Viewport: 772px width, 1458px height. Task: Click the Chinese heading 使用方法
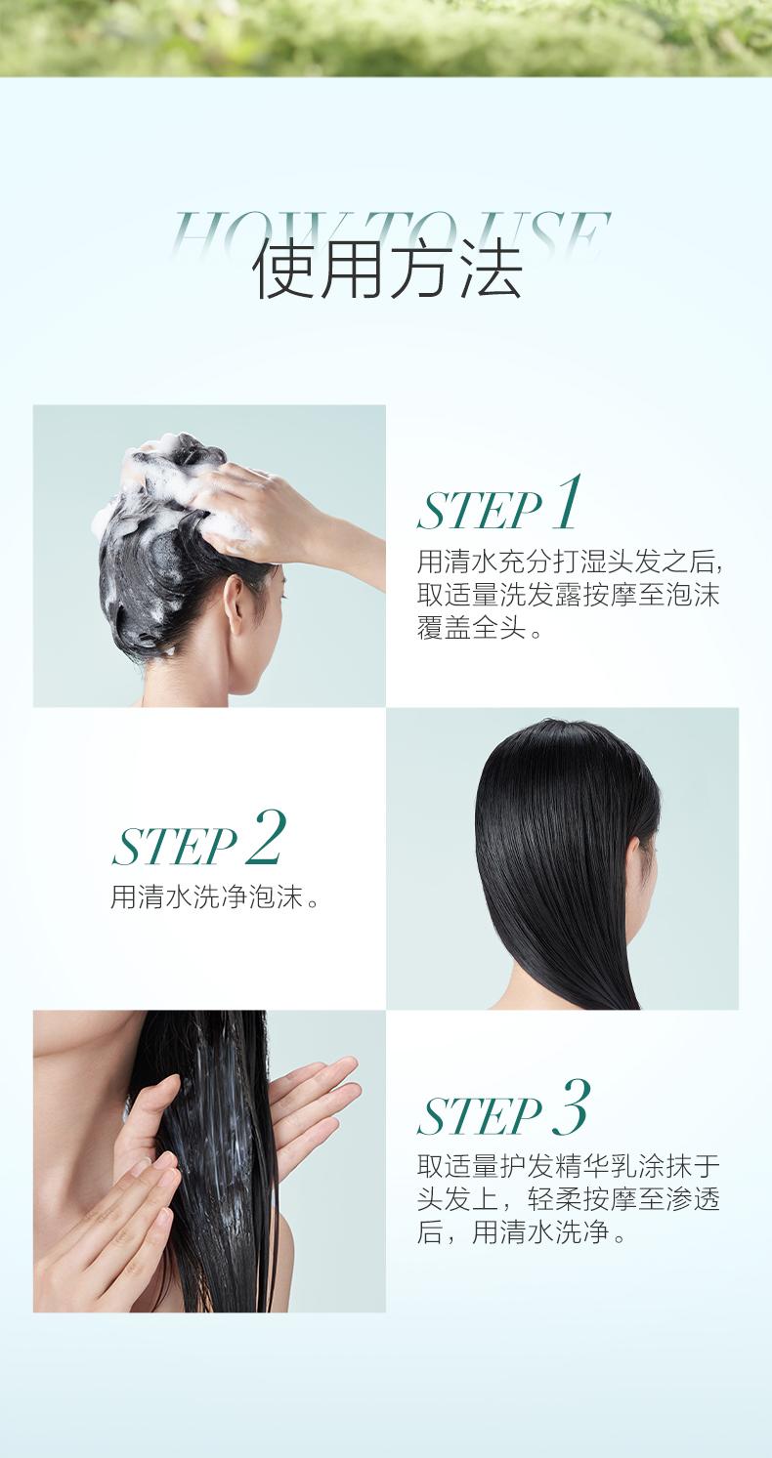pos(387,271)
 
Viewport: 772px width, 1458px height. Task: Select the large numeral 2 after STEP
pos(266,838)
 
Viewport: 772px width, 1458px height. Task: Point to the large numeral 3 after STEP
pos(572,1106)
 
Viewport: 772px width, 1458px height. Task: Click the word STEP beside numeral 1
pos(480,512)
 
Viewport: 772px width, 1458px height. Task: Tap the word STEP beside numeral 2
pos(174,847)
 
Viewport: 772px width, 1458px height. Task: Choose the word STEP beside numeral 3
pos(480,1116)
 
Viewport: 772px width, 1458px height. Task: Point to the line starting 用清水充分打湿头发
pos(571,562)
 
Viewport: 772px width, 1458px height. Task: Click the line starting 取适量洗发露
pos(568,595)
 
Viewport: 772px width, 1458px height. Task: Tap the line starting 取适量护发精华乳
pos(568,1166)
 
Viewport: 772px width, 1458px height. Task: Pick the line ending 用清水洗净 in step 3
pos(521,1232)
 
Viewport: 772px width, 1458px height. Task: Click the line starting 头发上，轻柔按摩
pos(568,1199)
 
